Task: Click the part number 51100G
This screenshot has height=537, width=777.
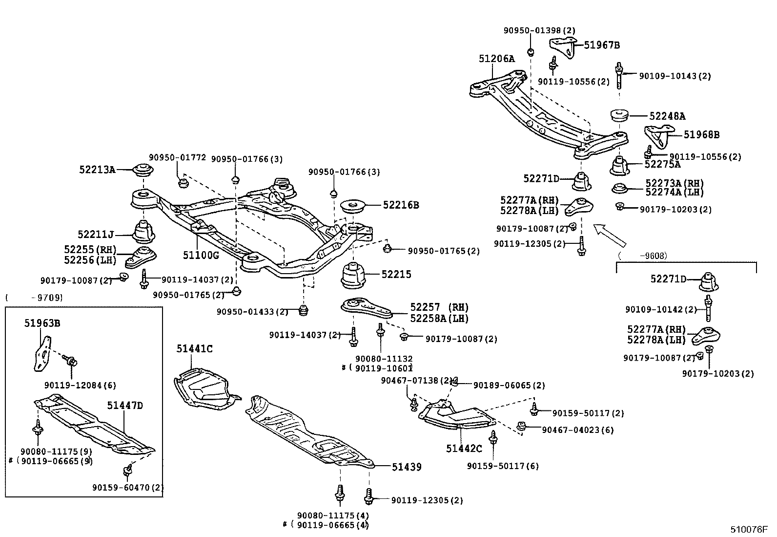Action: [201, 255]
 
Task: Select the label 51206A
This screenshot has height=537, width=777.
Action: [496, 59]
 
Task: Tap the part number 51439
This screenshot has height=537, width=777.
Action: [407, 467]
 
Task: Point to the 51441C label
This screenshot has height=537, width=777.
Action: [194, 349]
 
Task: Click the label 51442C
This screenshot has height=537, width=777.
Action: [463, 448]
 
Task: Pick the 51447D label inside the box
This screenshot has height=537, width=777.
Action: [125, 406]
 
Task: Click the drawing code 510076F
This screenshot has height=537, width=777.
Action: [749, 529]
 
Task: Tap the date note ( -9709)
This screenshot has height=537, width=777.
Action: [34, 297]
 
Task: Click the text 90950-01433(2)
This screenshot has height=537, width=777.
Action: [252, 311]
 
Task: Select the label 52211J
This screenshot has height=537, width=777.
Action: [95, 235]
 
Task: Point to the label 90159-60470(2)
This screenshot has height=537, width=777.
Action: [128, 487]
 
